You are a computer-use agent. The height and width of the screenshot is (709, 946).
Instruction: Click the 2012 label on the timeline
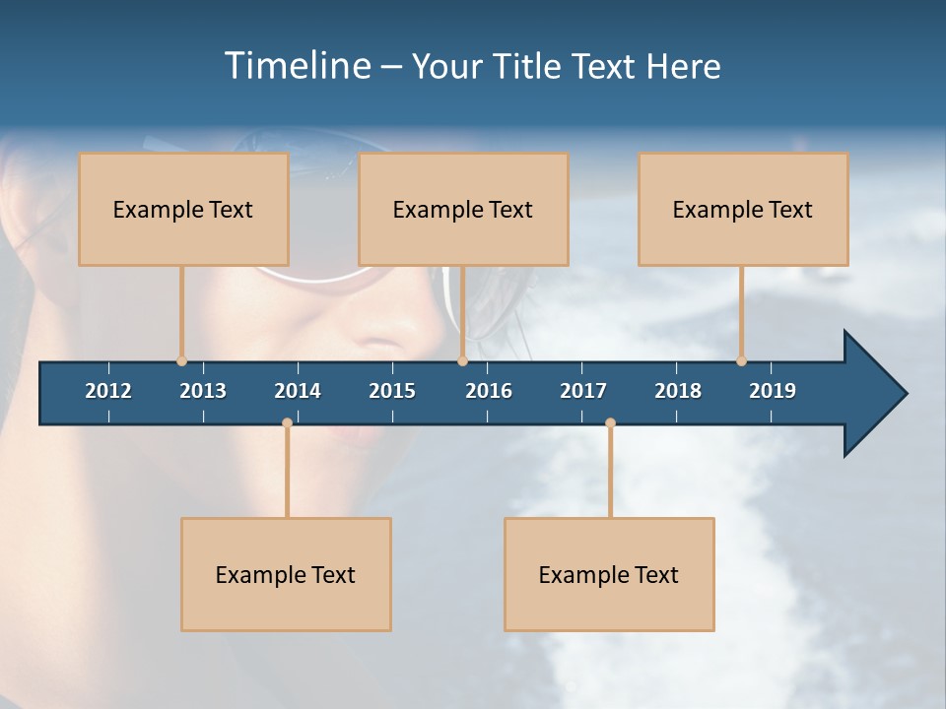108,391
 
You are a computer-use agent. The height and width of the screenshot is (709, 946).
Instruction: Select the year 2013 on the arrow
203,391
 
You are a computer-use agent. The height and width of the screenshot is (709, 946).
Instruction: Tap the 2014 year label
298,391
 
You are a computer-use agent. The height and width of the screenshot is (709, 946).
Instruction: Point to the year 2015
392,391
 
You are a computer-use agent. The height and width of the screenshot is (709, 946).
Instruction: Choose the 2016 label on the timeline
489,391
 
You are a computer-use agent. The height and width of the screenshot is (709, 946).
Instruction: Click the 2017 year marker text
583,391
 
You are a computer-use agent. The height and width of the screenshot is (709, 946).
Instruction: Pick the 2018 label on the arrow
678,391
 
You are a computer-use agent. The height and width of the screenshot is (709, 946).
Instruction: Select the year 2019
773,391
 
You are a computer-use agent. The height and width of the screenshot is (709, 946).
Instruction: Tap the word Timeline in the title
297,66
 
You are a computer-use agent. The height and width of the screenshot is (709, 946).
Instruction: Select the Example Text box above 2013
183,209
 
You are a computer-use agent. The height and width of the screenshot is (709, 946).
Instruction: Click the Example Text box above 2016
463,209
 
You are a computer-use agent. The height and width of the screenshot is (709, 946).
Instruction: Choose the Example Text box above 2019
743,209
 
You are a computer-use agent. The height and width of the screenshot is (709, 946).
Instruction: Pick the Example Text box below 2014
286,574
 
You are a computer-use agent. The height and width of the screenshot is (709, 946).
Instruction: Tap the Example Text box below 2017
609,574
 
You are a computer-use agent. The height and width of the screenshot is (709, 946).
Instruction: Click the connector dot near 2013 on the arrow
181,361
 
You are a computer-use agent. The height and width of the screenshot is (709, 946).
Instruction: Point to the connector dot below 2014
287,423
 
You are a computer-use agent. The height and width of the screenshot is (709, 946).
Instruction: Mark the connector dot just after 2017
610,423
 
